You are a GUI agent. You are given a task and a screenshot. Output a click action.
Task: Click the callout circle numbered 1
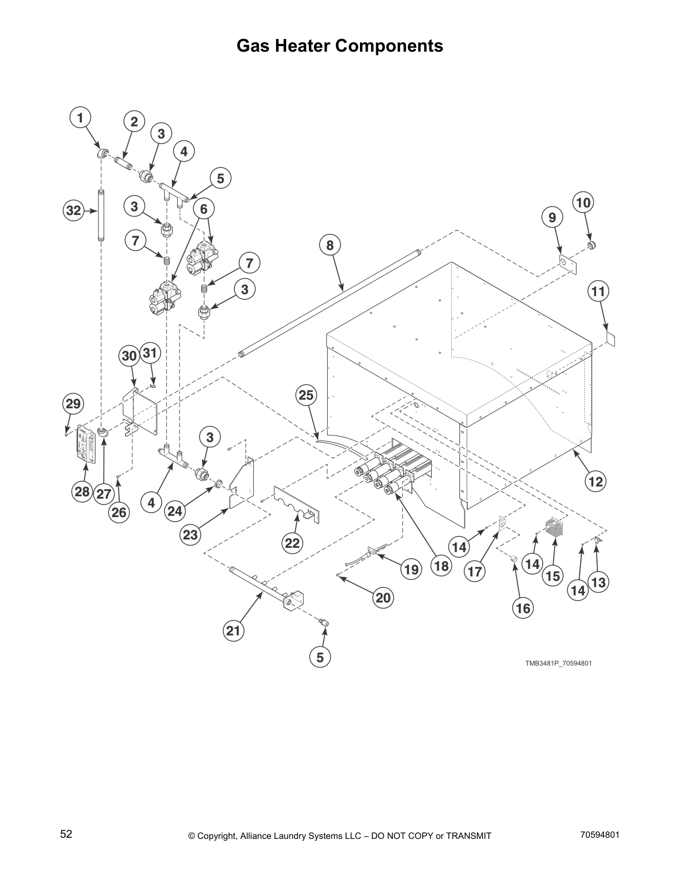(81, 118)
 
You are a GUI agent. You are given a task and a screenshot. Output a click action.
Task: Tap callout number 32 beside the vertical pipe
(73, 211)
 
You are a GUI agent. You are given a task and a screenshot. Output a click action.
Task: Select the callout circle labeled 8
(330, 244)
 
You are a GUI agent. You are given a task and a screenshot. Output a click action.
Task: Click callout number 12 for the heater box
(596, 481)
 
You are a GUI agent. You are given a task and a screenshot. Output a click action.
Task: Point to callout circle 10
(583, 202)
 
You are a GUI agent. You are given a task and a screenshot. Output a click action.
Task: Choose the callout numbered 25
(306, 395)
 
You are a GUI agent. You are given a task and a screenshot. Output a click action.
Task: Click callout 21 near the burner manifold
(234, 631)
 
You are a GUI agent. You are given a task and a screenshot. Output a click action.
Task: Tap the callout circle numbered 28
(82, 491)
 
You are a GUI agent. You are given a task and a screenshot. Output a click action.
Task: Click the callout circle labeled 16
(523, 608)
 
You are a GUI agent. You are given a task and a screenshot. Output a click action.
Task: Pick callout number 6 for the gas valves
(204, 209)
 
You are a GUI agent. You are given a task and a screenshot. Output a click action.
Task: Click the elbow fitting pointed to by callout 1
(102, 154)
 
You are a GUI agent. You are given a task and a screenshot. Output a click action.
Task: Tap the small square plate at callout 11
(611, 338)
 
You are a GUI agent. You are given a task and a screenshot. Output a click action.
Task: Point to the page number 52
(66, 834)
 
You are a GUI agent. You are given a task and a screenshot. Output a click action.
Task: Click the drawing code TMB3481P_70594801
(554, 663)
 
